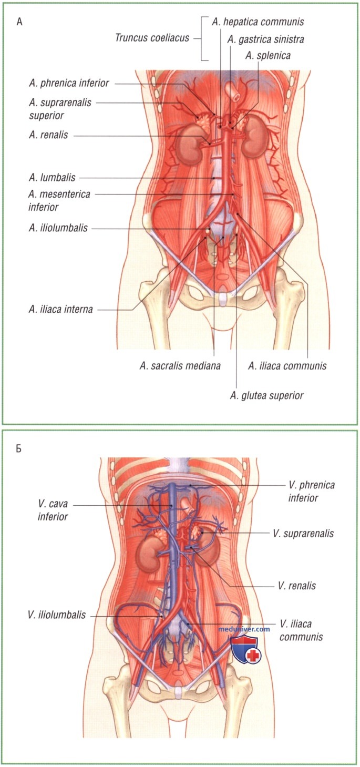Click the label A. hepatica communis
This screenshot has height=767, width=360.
[258, 22]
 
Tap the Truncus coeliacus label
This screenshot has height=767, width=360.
[152, 37]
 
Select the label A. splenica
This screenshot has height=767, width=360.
[268, 56]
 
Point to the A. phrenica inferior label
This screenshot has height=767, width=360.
[69, 83]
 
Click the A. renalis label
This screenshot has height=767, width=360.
[48, 135]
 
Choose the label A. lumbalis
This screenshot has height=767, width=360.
[52, 178]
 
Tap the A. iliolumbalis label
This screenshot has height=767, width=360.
[58, 228]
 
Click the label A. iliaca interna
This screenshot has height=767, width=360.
[60, 310]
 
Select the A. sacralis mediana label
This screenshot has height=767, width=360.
[180, 366]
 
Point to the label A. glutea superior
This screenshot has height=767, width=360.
[266, 396]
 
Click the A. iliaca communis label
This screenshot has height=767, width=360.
[287, 366]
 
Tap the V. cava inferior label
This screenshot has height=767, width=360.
[53, 510]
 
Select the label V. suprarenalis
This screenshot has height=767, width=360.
[303, 534]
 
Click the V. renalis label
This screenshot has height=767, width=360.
[297, 586]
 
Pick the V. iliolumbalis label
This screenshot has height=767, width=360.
[57, 615]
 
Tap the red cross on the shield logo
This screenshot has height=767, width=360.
[253, 656]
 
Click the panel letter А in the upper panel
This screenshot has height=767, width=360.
[19, 23]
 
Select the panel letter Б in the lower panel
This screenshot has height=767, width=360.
[19, 448]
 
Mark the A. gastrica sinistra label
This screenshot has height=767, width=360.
[265, 40]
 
